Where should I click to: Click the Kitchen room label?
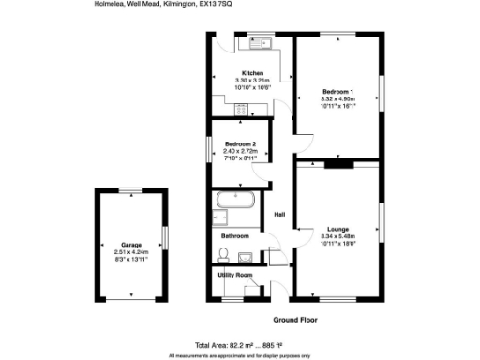click(x=252, y=74)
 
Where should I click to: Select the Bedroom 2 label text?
click(x=240, y=143)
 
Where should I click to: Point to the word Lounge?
click(x=337, y=229)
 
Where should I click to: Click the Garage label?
click(x=131, y=245)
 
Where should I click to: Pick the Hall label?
click(x=279, y=216)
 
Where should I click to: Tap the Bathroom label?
click(x=235, y=236)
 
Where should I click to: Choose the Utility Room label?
click(x=235, y=275)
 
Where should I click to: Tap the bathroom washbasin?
click(x=245, y=257)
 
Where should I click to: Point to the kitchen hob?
click(x=243, y=110)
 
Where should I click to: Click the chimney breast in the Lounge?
click(x=337, y=165)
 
